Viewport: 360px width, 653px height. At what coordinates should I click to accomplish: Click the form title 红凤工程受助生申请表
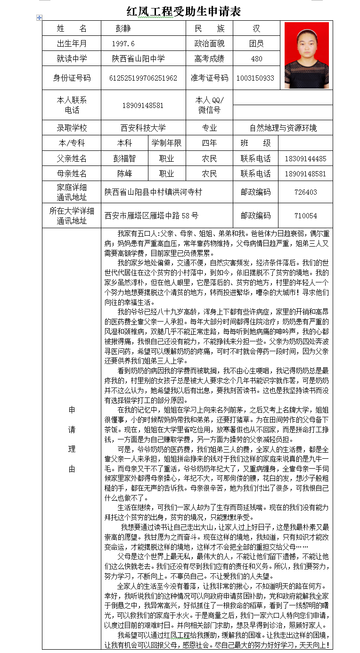[x=183, y=11]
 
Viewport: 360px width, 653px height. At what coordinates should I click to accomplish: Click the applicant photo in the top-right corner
[x=307, y=55]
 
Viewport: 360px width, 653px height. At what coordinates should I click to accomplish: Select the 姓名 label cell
[x=72, y=28]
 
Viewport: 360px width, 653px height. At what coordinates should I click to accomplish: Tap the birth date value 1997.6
[x=123, y=44]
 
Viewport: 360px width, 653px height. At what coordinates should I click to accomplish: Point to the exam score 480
[x=256, y=59]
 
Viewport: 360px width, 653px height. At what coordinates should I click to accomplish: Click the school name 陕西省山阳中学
[x=138, y=59]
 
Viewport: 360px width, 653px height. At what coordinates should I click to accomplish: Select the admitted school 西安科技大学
[x=143, y=128]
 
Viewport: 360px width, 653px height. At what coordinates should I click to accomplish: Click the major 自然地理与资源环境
[x=283, y=128]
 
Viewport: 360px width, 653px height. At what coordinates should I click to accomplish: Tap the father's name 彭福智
[x=124, y=158]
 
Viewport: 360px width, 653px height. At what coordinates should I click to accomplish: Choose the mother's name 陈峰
[x=124, y=174]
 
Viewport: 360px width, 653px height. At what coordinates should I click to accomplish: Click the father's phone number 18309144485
[x=305, y=159]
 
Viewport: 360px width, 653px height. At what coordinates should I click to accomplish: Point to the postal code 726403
[x=305, y=192]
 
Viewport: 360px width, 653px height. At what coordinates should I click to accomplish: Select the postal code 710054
[x=305, y=215]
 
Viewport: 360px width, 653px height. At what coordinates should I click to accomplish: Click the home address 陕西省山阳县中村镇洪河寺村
[x=153, y=192]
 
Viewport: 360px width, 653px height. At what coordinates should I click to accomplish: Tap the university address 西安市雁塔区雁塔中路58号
[x=151, y=215]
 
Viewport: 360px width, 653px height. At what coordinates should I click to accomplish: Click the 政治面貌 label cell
[x=209, y=44]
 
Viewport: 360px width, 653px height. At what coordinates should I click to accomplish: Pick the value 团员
[x=256, y=44]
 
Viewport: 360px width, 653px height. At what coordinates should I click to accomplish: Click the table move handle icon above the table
[x=39, y=17]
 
